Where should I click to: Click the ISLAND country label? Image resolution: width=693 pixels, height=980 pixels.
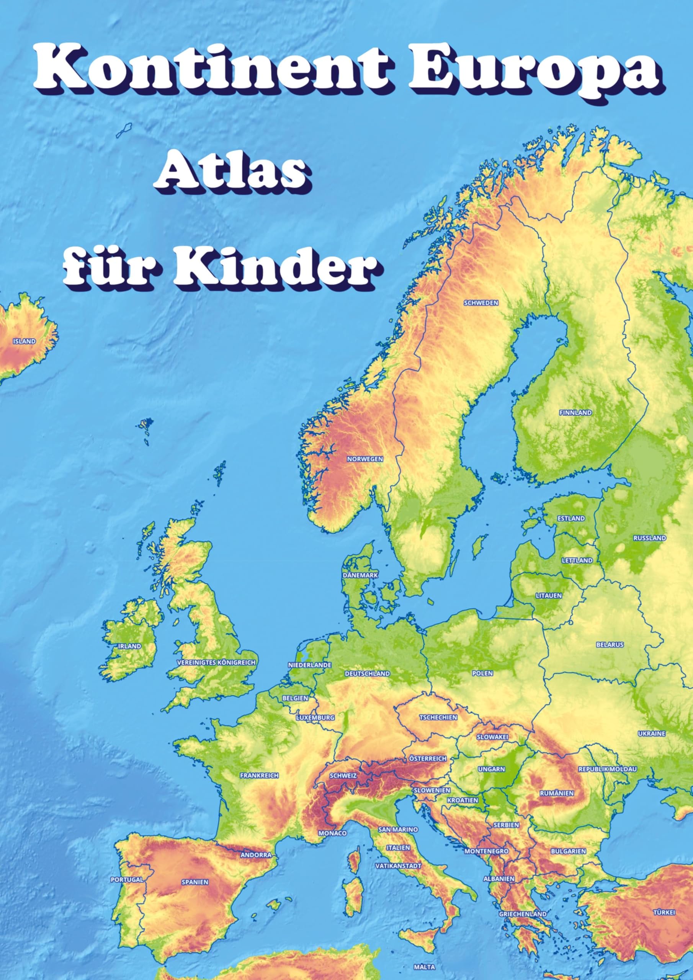[25, 341]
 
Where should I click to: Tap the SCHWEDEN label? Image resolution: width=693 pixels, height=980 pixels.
[481, 303]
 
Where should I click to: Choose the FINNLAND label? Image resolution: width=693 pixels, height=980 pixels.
[575, 413]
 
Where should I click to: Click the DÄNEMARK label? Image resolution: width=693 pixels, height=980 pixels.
[360, 575]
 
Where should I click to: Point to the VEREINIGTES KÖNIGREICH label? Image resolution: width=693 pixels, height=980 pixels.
[216, 662]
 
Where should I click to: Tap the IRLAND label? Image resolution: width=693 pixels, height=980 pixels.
[129, 646]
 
